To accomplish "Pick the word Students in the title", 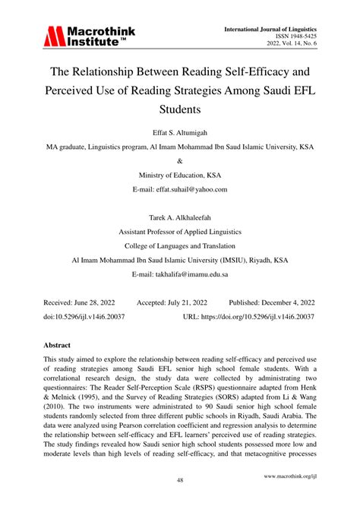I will point(179,111).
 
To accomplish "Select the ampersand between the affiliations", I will point(180,161).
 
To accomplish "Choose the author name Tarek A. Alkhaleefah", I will point(180,217).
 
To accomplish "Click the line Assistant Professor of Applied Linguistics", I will point(180,231).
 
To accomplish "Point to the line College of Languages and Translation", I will point(180,245).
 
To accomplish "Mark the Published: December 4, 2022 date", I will point(272,302).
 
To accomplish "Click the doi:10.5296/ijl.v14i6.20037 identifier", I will point(84,315).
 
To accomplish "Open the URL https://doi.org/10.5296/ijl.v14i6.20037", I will point(249,315).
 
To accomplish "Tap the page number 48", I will point(179,480).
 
